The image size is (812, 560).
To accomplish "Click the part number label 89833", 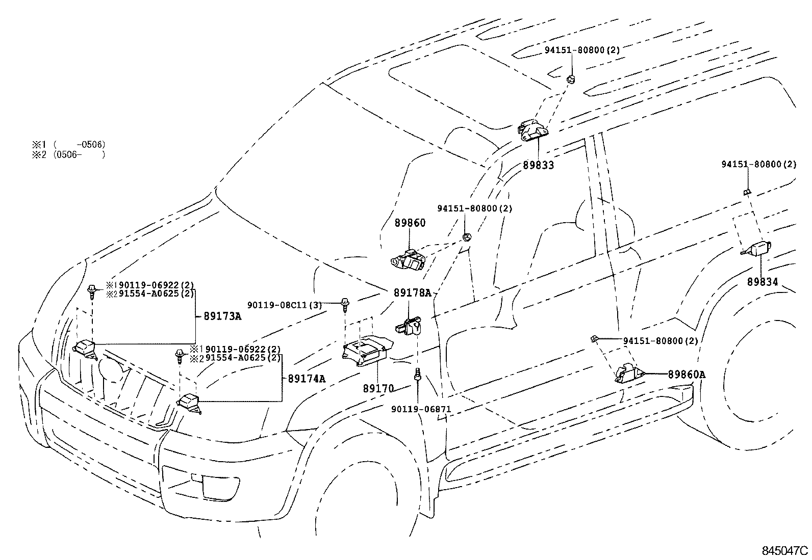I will click(x=538, y=165).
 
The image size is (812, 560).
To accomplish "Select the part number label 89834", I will click(x=763, y=281).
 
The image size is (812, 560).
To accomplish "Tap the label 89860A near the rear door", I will click(x=686, y=375).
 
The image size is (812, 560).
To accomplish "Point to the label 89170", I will click(x=378, y=388).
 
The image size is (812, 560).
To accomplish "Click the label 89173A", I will click(x=222, y=316).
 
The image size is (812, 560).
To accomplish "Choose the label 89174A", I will click(x=307, y=379).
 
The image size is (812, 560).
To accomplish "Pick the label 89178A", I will click(x=412, y=293).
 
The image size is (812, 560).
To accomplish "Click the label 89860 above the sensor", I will click(x=410, y=223).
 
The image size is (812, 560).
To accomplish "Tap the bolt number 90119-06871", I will click(x=421, y=409).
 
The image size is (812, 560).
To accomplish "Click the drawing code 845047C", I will click(x=785, y=550).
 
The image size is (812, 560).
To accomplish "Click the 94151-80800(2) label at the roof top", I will click(x=575, y=50).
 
